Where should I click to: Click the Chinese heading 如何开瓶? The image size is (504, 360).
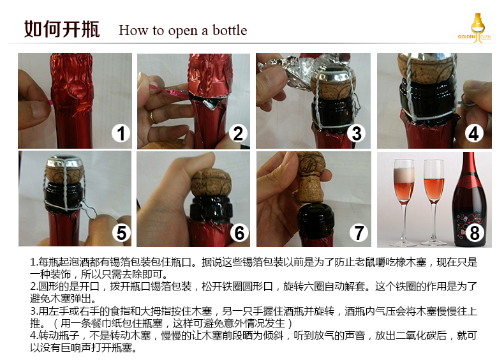click(x=62, y=29)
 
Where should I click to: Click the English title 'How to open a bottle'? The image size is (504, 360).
click(x=182, y=31)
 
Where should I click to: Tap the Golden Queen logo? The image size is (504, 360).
click(x=474, y=29)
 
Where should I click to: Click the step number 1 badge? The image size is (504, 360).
click(x=121, y=133)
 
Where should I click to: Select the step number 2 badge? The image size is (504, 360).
click(x=238, y=133)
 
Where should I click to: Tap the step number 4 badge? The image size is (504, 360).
click(x=473, y=133)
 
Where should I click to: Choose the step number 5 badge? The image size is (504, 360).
click(x=121, y=233)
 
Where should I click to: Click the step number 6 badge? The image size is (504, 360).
click(x=239, y=233)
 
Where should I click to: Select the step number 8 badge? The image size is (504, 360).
click(x=473, y=233)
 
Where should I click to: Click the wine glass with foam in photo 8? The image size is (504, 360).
click(x=403, y=185)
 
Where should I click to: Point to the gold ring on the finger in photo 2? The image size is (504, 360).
click(x=152, y=116)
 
